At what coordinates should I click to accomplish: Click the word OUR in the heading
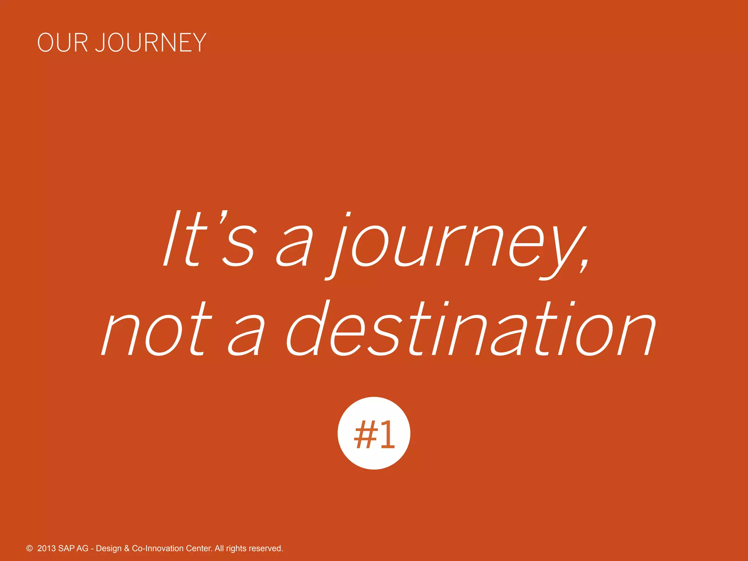coord(62,43)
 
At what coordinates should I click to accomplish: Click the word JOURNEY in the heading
coord(151,43)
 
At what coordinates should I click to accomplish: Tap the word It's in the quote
coord(208,239)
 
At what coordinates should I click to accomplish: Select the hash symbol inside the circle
coord(366,434)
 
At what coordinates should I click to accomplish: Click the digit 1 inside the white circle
coord(386,434)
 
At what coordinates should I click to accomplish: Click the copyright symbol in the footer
coord(30,548)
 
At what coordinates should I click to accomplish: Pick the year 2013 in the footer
coord(47,548)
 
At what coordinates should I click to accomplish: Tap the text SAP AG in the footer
coord(73,548)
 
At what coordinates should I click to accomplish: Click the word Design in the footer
coord(108,548)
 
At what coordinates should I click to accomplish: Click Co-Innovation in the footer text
coord(158,548)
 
